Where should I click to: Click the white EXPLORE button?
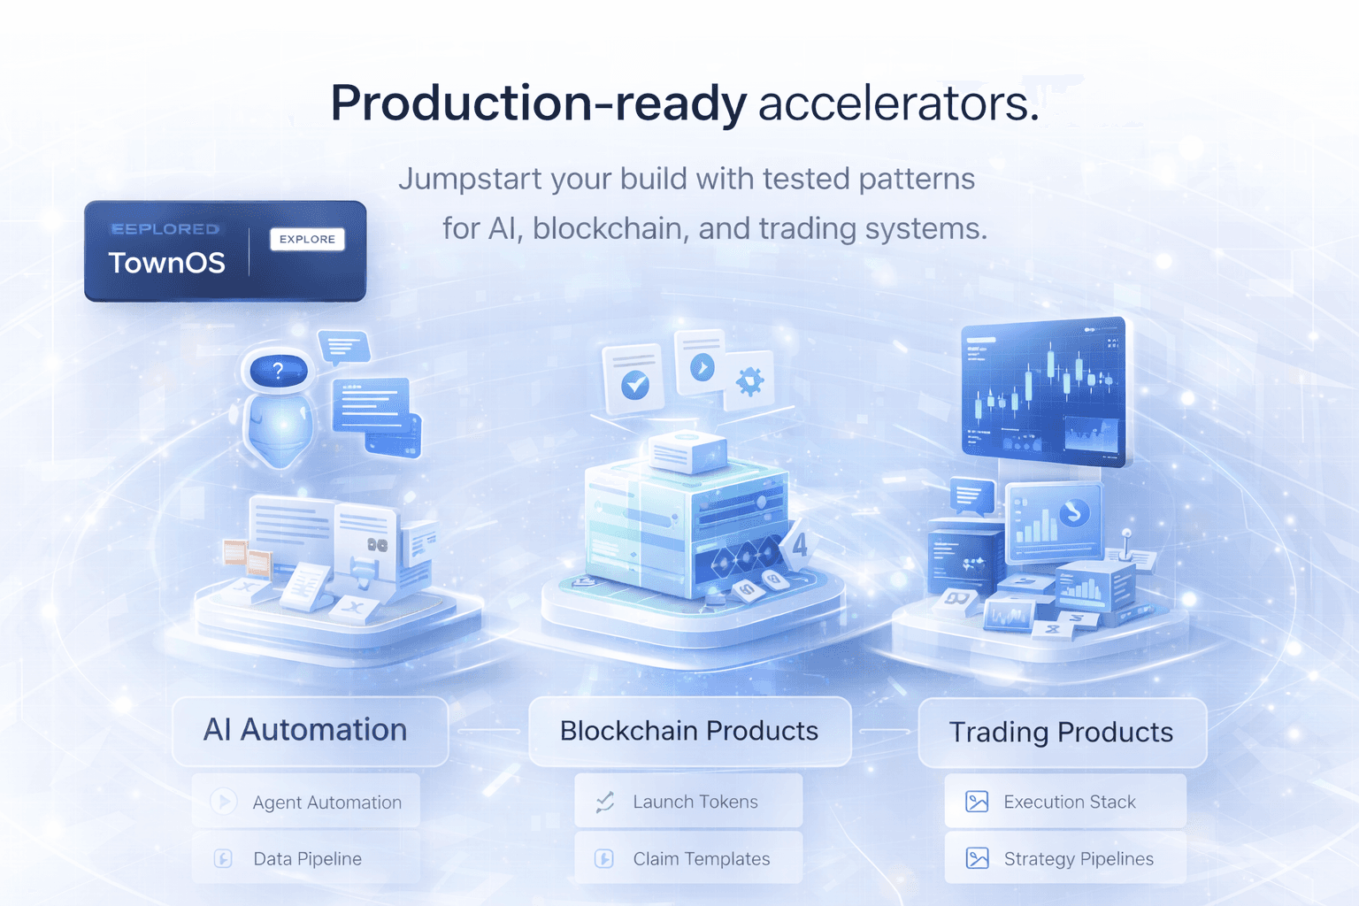pos(307,239)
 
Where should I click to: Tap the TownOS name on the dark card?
pos(167,263)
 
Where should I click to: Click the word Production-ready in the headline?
pos(538,104)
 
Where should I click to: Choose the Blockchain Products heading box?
pos(689,731)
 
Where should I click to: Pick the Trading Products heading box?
pos(1062,733)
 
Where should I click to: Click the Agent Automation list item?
pos(306,802)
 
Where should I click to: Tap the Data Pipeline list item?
pos(306,858)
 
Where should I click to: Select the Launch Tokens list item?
pos(688,802)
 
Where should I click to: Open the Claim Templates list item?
pos(688,858)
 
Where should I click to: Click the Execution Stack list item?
pos(1065,802)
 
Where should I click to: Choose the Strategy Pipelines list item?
pos(1065,858)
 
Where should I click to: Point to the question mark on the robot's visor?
pos(278,370)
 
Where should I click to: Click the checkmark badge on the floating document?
pos(635,385)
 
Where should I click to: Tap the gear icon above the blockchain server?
pos(750,381)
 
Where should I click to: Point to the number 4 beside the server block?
pos(800,544)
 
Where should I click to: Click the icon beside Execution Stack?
pos(977,802)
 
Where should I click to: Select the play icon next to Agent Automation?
pos(223,802)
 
